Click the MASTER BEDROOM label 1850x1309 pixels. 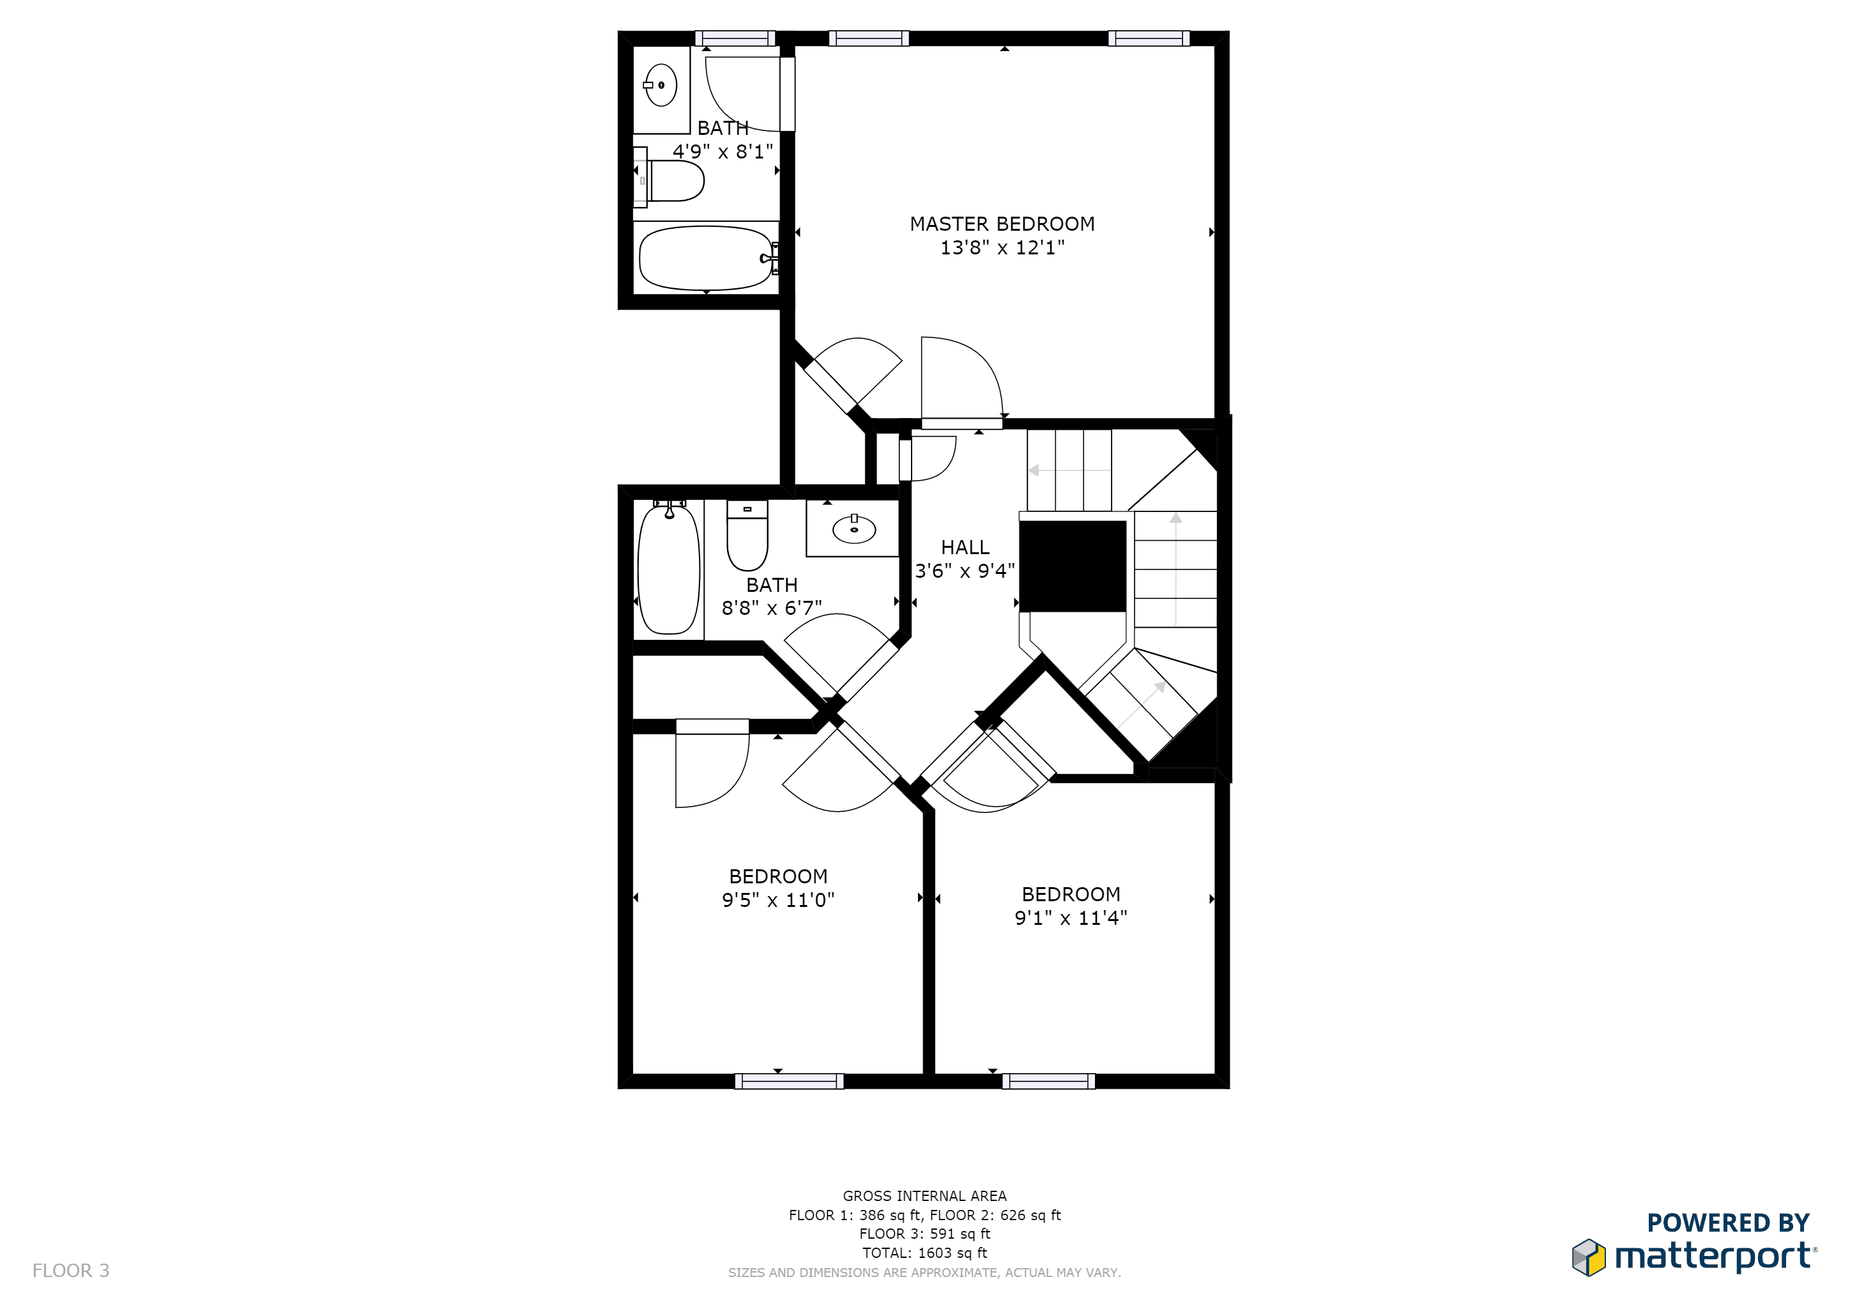point(1002,224)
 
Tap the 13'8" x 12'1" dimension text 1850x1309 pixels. point(1002,247)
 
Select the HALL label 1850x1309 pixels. point(965,547)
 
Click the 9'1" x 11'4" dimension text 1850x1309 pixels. point(1070,917)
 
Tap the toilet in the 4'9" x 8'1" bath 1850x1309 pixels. point(668,179)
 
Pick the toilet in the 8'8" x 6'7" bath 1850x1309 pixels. point(747,535)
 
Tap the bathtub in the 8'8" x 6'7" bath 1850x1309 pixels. point(668,569)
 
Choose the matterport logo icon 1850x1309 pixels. point(1588,1257)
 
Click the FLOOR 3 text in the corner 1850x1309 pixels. point(71,1270)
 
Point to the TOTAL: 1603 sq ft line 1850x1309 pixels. point(924,1253)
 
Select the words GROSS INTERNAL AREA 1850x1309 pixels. point(924,1196)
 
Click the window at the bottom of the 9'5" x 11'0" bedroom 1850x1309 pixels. point(789,1081)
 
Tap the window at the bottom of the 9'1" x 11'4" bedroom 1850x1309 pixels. point(1048,1081)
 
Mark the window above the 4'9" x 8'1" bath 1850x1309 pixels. point(735,38)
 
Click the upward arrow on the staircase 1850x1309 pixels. point(1175,568)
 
